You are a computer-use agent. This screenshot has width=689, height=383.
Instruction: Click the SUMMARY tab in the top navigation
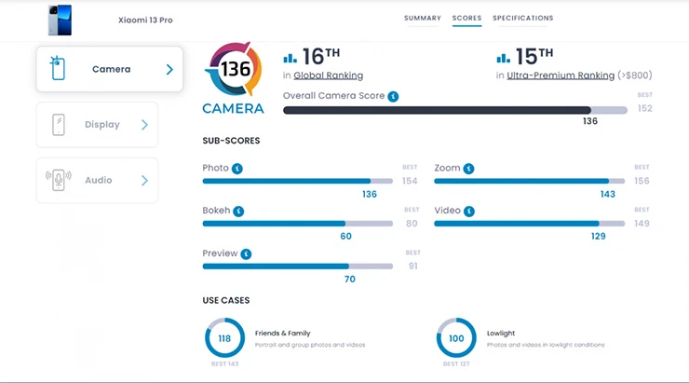[422, 18]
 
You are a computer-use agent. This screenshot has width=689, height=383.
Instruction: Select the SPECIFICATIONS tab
[522, 18]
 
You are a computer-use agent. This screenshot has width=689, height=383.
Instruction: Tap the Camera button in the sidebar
[110, 69]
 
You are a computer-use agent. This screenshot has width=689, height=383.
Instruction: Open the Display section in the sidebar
[97, 125]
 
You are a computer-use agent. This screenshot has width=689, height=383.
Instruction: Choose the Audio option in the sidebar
[97, 181]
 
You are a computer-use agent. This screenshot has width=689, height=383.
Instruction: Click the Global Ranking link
[328, 75]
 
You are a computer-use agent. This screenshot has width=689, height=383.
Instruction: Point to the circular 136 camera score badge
[233, 69]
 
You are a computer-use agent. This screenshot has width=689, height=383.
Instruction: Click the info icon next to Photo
[237, 169]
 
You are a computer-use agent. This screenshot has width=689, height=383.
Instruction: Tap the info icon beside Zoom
[468, 169]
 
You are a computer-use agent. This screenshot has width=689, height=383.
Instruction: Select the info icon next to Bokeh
[238, 212]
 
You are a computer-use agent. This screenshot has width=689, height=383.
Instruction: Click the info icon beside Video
[469, 212]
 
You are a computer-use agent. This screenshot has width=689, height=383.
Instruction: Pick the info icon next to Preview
[246, 253]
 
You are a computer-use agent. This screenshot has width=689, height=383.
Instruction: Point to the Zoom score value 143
[607, 195]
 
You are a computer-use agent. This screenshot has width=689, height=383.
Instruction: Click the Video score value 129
[598, 237]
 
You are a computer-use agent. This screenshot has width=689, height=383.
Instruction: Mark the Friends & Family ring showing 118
[224, 338]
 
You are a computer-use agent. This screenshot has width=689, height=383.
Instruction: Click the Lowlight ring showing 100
[456, 338]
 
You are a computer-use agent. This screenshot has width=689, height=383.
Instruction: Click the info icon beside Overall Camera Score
[393, 96]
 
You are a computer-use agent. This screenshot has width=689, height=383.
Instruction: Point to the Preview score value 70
[350, 279]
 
